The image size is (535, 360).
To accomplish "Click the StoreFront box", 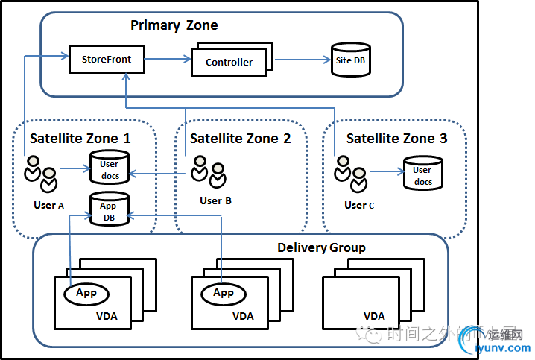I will tap(106, 58).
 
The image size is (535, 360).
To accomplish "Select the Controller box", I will tap(229, 62).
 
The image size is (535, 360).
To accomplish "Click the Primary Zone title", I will tap(174, 25).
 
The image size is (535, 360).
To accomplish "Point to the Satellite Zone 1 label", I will tap(80, 138).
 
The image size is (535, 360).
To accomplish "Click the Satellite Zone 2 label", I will tap(240, 138).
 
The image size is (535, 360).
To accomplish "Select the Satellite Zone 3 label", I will tap(397, 138).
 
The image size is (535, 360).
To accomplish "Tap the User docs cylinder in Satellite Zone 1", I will tap(109, 168).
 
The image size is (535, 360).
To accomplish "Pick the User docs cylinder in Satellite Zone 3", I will tap(422, 174).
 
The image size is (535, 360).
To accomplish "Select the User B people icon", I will tap(208, 171).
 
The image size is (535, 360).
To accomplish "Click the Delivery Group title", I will tap(321, 247).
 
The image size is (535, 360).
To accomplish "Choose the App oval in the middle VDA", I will tap(224, 293).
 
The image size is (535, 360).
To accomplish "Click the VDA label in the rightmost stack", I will tap(374, 316).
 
